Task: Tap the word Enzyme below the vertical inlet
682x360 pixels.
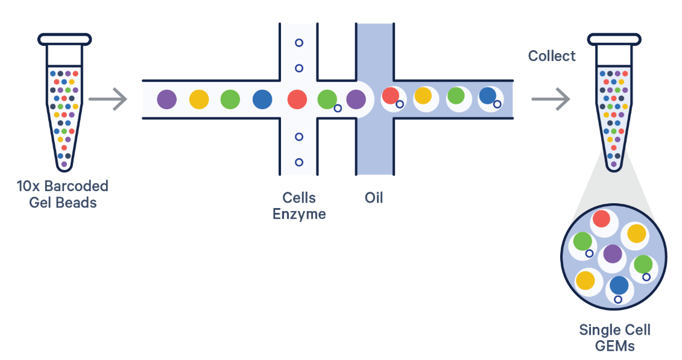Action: [299, 213]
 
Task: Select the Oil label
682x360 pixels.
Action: [374, 197]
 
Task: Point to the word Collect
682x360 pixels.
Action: [552, 56]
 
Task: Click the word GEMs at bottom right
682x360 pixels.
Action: [614, 346]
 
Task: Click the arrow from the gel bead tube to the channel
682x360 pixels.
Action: [112, 99]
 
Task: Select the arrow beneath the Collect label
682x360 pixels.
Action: [551, 99]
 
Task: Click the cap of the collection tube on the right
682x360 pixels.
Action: [614, 39]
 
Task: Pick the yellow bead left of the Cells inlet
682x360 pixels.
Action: [198, 99]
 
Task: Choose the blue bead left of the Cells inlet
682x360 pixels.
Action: [262, 99]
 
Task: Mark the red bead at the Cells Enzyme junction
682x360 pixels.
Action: [297, 99]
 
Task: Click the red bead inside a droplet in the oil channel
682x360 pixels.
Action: [391, 95]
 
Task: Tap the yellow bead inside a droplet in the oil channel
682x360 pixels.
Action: [423, 96]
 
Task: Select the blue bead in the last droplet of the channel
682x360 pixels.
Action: [487, 96]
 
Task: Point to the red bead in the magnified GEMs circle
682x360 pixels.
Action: [601, 219]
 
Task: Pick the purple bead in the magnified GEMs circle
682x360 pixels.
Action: [613, 253]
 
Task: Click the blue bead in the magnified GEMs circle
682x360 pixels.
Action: [619, 285]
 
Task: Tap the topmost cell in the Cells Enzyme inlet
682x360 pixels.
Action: [298, 43]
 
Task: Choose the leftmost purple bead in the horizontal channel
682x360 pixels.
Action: [166, 99]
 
